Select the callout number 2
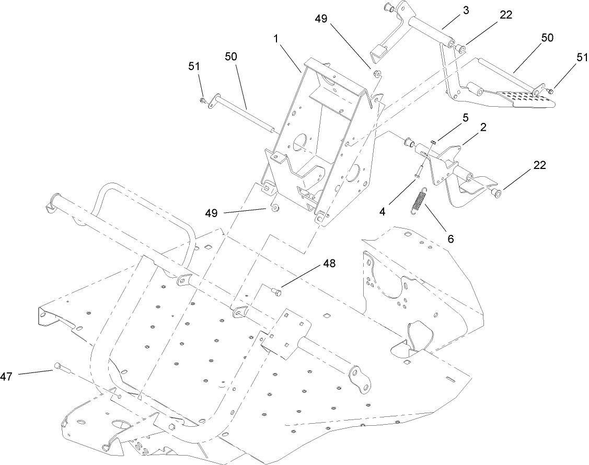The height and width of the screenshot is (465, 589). pos(483,127)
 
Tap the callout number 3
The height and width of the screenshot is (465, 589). pos(466,10)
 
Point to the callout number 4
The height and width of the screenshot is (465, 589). pos(382,211)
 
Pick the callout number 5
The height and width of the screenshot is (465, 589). pos(466,118)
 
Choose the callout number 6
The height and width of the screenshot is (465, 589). pos(451,239)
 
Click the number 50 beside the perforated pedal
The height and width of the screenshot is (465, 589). pos(547,38)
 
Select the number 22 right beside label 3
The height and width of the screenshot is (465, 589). pos(506,15)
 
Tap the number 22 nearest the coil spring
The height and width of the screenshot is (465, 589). pos(539,165)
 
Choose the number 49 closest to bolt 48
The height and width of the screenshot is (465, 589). pos(212,213)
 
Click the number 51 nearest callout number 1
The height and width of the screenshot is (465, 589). pos(194,66)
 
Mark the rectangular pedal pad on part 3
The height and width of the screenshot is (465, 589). pos(379,53)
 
